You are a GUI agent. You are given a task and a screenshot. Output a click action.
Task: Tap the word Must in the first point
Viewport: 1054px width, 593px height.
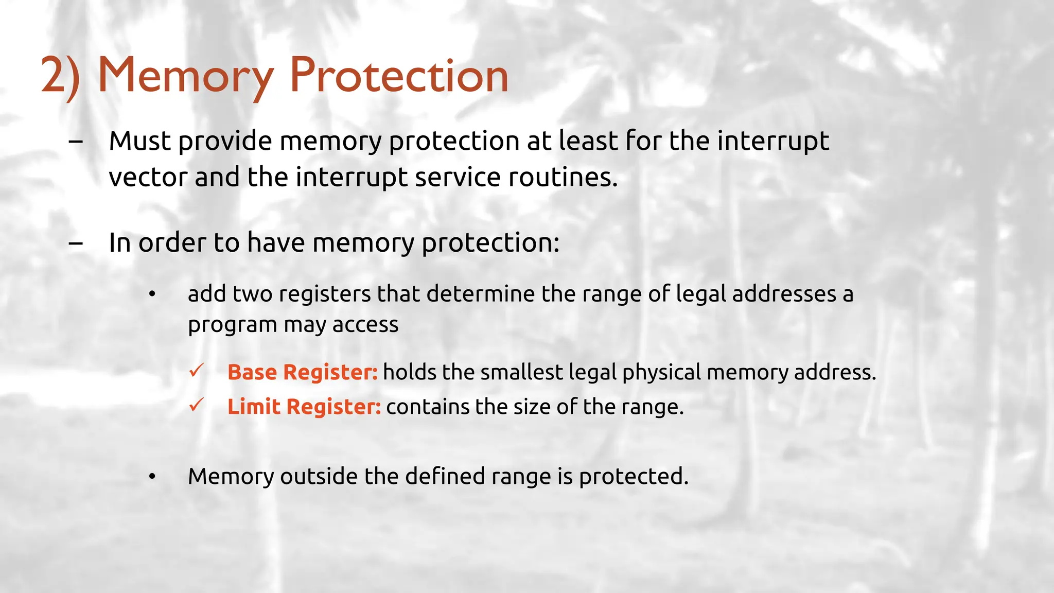pos(139,141)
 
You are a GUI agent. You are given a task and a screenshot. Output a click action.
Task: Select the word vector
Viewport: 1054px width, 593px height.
pos(148,177)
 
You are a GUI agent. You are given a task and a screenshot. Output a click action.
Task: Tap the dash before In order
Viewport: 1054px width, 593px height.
pos(76,243)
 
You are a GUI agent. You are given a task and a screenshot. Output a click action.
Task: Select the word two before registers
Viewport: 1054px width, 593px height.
pos(252,294)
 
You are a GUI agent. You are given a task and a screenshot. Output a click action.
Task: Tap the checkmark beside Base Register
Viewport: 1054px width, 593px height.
pos(197,371)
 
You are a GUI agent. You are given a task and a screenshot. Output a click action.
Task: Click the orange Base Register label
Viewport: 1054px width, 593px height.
pos(303,372)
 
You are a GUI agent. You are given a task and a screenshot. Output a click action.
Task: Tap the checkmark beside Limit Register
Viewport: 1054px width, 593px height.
pos(197,405)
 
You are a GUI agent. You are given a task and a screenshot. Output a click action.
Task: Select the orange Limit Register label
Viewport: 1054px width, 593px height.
pos(304,407)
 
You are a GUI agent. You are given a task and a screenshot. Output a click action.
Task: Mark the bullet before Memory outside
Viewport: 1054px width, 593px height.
pos(152,477)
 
